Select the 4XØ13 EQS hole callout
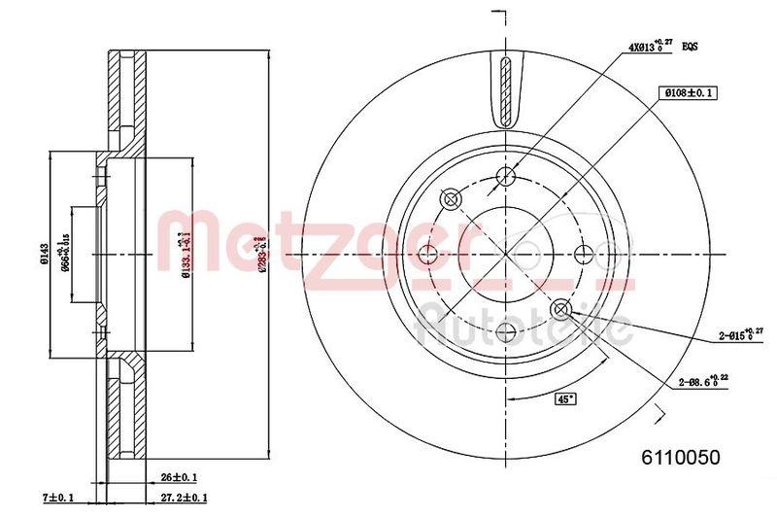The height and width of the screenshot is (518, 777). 663,45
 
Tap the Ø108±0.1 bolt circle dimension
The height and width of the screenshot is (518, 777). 688,92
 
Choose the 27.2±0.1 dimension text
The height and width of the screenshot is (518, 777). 185,499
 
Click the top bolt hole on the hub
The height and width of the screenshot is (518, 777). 505,176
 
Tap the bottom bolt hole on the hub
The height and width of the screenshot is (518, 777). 505,333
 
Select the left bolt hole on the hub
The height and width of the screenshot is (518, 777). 426,255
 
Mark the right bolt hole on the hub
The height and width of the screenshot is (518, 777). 584,255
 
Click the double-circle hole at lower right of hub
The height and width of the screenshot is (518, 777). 560,310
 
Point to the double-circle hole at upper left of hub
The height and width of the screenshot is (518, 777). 450,199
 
